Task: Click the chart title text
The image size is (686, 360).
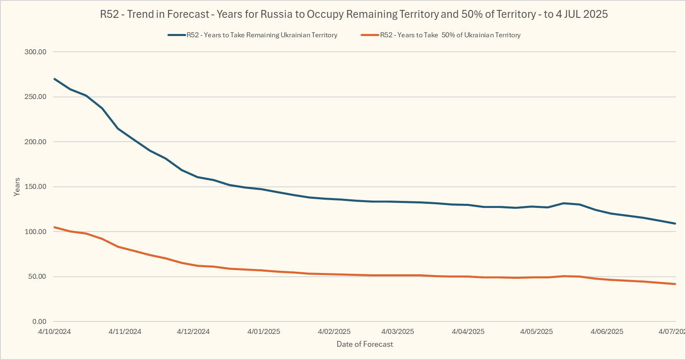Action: (354, 14)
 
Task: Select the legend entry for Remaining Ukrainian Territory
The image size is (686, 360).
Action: (262, 35)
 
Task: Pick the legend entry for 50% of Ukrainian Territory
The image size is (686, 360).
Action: (450, 35)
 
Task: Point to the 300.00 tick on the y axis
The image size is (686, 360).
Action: (36, 52)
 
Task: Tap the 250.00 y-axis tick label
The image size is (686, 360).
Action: (36, 97)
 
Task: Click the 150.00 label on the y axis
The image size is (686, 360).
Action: (36, 187)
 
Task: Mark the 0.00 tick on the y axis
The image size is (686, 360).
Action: (39, 321)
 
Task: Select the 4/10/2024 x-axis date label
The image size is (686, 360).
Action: (54, 331)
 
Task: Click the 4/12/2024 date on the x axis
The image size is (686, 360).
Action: (193, 331)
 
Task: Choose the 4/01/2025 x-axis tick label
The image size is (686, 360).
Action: (264, 331)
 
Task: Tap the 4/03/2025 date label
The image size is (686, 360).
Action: (398, 331)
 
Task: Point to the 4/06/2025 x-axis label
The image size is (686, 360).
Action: (607, 331)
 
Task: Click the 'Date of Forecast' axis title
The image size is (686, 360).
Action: (365, 344)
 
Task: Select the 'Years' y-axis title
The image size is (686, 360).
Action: (17, 187)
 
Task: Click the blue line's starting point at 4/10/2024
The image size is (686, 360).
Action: (55, 79)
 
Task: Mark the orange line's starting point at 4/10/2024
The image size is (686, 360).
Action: (55, 227)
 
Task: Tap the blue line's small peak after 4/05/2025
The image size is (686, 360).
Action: (563, 203)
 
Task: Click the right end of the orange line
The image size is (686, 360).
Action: (675, 284)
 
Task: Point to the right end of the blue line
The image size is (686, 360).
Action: (675, 223)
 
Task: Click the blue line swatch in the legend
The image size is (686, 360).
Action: (177, 35)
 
